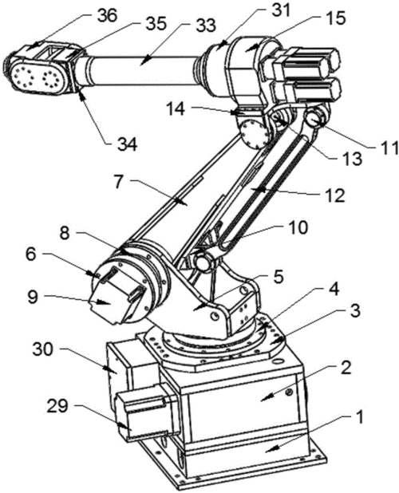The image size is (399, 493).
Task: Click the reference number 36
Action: tap(107, 15)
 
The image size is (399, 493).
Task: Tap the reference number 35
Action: tap(156, 23)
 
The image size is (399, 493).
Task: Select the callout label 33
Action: tap(205, 26)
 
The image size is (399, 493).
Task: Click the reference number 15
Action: tap(335, 18)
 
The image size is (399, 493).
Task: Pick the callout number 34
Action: tap(127, 145)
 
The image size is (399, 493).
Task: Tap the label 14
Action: tap(176, 110)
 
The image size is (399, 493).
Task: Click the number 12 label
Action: tap(335, 195)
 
